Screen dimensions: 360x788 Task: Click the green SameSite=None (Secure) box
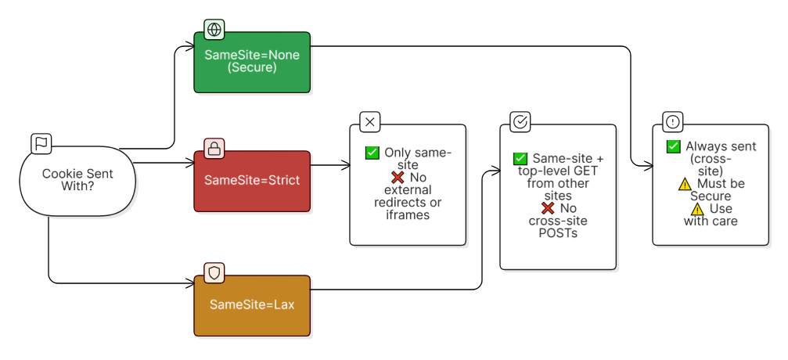[252, 62]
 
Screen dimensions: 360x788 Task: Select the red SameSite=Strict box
[252, 181]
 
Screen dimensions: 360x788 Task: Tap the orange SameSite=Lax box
[252, 305]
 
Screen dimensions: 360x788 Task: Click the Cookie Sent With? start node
[77, 181]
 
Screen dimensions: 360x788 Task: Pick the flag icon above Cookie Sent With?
[41, 144]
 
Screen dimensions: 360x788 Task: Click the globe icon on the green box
[214, 30]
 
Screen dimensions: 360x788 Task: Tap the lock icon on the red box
[214, 149]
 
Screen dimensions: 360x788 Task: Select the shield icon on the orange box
[214, 272]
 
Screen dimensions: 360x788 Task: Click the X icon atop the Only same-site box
[370, 122]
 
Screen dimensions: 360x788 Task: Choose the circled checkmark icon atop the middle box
[520, 122]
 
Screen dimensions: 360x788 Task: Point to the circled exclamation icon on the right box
[673, 122]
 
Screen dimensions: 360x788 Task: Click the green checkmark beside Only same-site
[372, 153]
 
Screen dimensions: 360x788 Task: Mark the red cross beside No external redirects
[398, 178]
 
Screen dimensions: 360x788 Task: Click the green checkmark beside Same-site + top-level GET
[520, 159]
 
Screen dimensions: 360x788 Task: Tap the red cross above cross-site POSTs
[548, 208]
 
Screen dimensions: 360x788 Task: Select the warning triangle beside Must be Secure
[684, 185]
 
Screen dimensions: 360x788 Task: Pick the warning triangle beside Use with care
[697, 209]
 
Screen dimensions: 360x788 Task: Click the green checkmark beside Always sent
[674, 147]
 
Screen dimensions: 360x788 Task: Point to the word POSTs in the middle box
[558, 233]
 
